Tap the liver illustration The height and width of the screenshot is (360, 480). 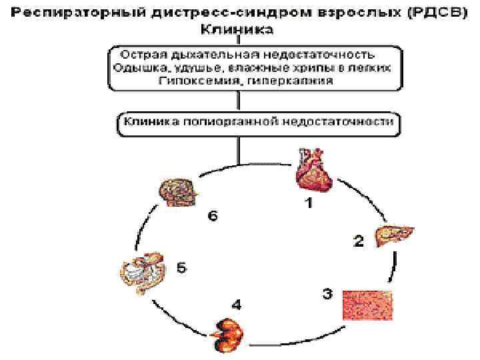point(396,235)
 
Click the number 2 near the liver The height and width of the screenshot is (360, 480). point(358,242)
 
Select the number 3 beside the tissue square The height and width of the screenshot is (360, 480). point(327,293)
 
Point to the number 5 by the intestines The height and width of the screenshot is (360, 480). point(182,268)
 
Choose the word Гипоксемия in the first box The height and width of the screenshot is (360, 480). point(191,80)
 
